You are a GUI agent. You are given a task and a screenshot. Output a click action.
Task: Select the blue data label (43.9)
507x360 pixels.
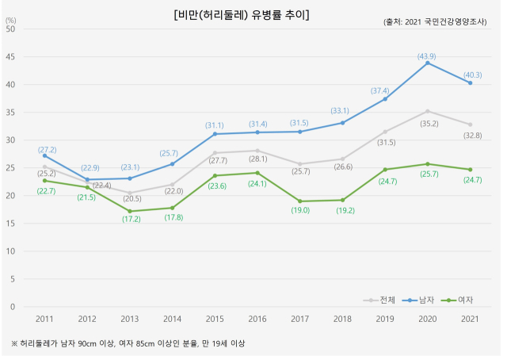pyautogui.click(x=428, y=56)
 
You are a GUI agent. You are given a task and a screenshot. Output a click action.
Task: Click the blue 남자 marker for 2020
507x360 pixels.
pyautogui.click(x=428, y=63)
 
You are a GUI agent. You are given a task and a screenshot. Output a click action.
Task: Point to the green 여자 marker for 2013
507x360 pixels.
pyautogui.click(x=130, y=211)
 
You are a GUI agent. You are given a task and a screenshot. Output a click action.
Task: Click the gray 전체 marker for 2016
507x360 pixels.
pyautogui.click(x=257, y=151)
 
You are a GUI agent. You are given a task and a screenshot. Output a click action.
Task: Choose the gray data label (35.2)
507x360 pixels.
pyautogui.click(x=428, y=123)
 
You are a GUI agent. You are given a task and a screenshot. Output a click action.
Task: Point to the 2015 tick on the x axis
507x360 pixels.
pyautogui.click(x=215, y=319)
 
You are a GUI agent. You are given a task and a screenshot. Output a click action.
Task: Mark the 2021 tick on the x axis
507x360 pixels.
pyautogui.click(x=471, y=319)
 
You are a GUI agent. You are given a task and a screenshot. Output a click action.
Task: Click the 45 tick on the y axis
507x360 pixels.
pyautogui.click(x=10, y=57)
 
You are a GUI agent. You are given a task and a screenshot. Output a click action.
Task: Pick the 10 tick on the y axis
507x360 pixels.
pyautogui.click(x=10, y=251)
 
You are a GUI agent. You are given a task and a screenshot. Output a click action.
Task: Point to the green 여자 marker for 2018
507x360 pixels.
pyautogui.click(x=342, y=200)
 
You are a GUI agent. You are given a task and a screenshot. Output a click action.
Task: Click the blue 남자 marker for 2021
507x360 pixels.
pyautogui.click(x=471, y=82)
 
